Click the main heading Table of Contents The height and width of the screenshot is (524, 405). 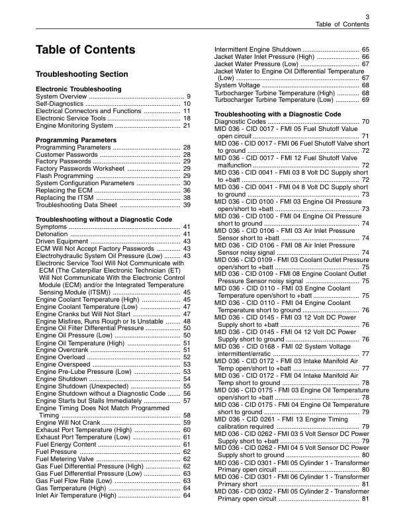(85, 51)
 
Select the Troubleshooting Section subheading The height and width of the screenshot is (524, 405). (82, 75)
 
